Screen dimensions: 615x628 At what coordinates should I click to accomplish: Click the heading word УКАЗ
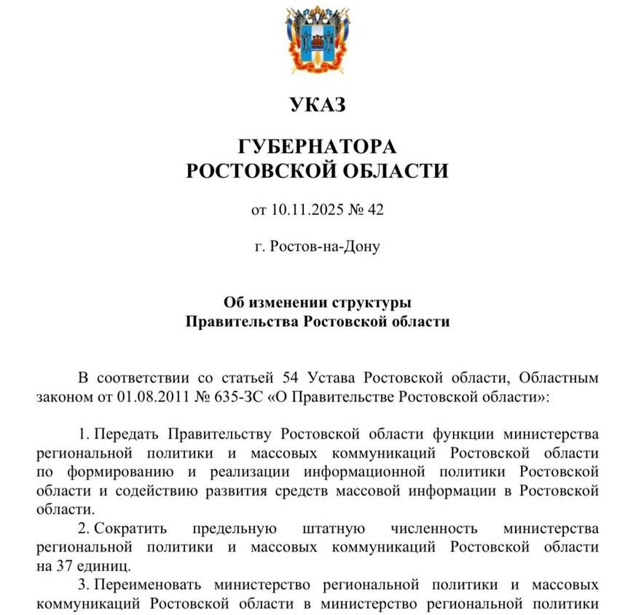317,106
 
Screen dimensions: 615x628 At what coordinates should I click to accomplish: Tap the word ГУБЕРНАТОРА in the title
317,146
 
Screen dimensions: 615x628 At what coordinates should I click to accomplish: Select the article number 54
287,377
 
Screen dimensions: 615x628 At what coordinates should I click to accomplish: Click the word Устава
332,377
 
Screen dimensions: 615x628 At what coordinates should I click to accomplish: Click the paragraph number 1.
82,434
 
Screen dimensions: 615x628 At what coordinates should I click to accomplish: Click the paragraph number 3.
82,584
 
